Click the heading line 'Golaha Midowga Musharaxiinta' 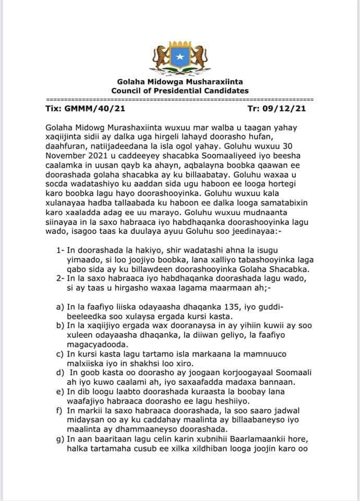[x=180, y=82]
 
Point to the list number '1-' [x=61, y=251]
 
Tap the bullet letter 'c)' [x=59, y=354]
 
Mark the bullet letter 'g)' [x=59, y=439]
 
